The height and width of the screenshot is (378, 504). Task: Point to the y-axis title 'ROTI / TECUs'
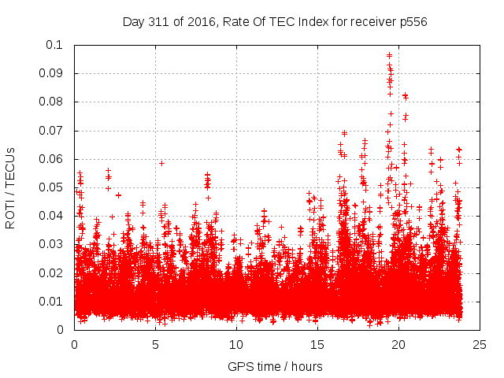tap(11, 187)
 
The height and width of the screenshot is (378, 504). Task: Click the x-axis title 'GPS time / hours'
tap(275, 367)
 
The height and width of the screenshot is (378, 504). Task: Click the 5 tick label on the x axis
tap(155, 344)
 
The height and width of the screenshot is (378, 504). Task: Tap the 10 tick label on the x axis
tap(236, 344)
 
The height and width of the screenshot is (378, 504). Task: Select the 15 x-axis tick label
tap(317, 344)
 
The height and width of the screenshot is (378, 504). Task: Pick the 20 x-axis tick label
tap(398, 344)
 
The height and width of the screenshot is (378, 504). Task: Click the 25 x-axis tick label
tap(480, 344)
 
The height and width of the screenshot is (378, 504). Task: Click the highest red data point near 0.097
tap(389, 55)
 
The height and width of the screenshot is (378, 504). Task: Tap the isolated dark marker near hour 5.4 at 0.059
tap(161, 163)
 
